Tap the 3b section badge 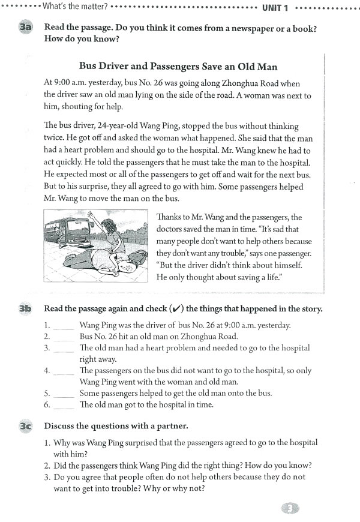pyautogui.click(x=25, y=310)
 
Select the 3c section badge pyautogui.click(x=25, y=426)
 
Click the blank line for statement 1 pyautogui.click(x=64, y=326)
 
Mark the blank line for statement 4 pyautogui.click(x=64, y=371)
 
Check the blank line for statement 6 pyautogui.click(x=64, y=404)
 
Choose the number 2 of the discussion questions pyautogui.click(x=47, y=466)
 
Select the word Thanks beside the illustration pyautogui.click(x=169, y=217)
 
